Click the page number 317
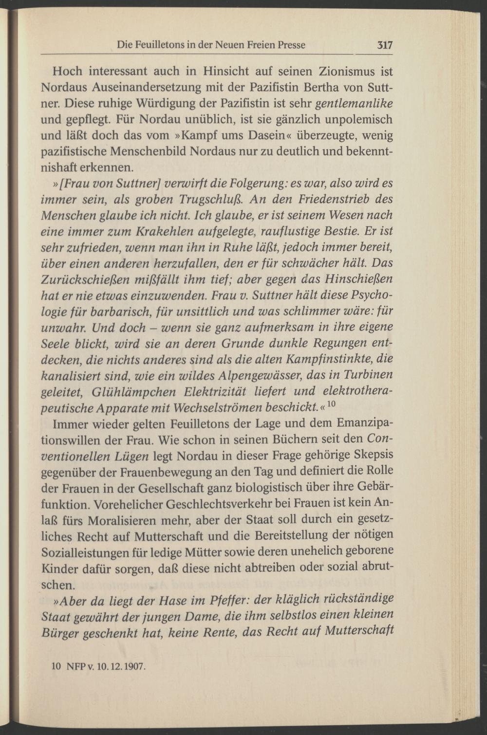[x=384, y=45]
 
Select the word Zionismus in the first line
[x=346, y=72]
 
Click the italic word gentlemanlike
[x=355, y=104]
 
